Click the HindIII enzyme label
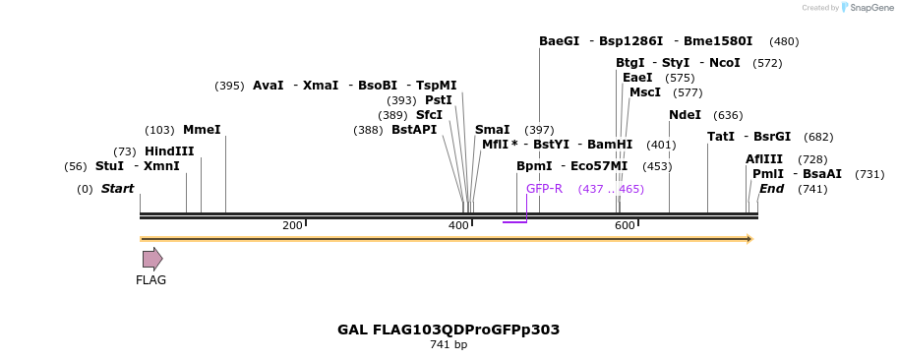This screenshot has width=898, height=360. click(x=168, y=151)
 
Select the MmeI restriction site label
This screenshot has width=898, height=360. click(x=202, y=130)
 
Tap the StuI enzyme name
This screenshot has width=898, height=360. click(x=109, y=166)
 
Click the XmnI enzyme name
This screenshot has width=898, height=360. click(x=161, y=166)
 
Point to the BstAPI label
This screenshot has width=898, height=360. click(x=414, y=130)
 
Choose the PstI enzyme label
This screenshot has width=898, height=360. click(x=439, y=100)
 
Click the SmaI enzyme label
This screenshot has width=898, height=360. click(x=492, y=130)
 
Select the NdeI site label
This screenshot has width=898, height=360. click(x=685, y=115)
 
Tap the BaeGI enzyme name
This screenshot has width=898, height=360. click(x=559, y=41)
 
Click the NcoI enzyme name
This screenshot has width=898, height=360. click(x=724, y=63)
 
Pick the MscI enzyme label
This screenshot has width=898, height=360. click(x=645, y=92)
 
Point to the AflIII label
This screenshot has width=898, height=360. click(x=764, y=159)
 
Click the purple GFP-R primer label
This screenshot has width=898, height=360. click(x=544, y=189)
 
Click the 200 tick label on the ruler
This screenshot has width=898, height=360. click(x=292, y=226)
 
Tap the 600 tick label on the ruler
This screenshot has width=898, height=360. click(x=625, y=226)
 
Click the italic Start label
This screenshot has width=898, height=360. click(x=117, y=189)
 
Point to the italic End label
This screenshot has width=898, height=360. click(x=771, y=189)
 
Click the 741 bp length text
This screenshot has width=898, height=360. click(x=449, y=345)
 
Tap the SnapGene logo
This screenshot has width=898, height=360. click(x=864, y=8)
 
